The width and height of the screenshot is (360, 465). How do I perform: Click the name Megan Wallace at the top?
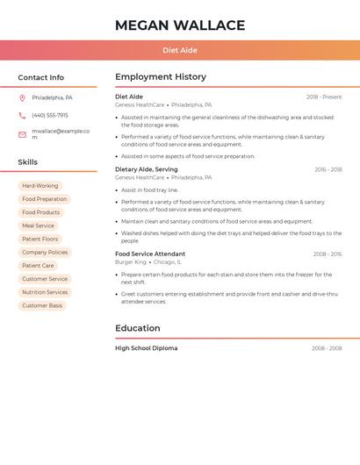pyautogui.click(x=180, y=25)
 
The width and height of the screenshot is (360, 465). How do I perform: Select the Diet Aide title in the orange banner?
pyautogui.click(x=180, y=51)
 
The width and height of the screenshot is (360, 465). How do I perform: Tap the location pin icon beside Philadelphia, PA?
pyautogui.click(x=22, y=98)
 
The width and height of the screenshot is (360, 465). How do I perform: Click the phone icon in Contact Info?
pyautogui.click(x=22, y=116)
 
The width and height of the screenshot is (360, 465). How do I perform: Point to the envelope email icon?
pyautogui.click(x=22, y=134)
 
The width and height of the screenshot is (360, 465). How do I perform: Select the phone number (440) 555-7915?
pyautogui.click(x=50, y=116)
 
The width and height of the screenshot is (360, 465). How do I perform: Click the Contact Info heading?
pyautogui.click(x=40, y=77)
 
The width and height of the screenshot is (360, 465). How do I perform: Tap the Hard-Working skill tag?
pyautogui.click(x=40, y=186)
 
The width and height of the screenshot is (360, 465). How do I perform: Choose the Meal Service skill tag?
pyautogui.click(x=38, y=225)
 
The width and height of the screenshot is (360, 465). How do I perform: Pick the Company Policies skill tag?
pyautogui.click(x=45, y=253)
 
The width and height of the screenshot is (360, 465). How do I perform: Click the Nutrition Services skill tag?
pyautogui.click(x=45, y=292)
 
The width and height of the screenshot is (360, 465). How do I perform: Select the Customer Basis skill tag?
pyautogui.click(x=42, y=305)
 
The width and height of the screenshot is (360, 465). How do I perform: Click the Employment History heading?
pyautogui.click(x=161, y=77)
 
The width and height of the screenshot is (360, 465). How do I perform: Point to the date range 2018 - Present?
pyautogui.click(x=324, y=97)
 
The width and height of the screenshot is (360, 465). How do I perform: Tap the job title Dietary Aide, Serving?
pyautogui.click(x=147, y=169)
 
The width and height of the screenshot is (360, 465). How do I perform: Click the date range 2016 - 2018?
pyautogui.click(x=328, y=169)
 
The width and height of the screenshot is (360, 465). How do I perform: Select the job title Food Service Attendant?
pyautogui.click(x=150, y=254)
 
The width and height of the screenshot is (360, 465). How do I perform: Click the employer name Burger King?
pyautogui.click(x=131, y=262)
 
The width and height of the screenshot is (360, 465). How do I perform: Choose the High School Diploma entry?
pyautogui.click(x=147, y=348)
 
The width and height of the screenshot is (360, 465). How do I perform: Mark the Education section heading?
pyautogui.click(x=138, y=328)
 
